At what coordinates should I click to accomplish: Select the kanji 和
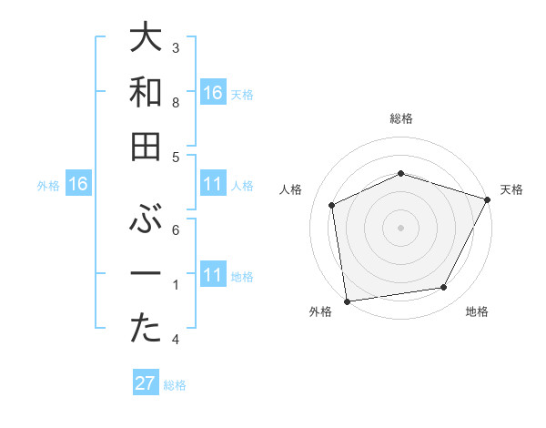point(147,92)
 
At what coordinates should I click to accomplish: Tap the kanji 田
point(147,147)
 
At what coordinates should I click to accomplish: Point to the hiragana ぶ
point(147,219)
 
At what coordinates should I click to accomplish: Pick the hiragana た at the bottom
point(147,330)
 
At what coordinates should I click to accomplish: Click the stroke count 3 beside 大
point(176,47)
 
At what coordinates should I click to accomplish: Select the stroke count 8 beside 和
point(176,102)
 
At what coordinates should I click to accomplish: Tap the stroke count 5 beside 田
point(176,157)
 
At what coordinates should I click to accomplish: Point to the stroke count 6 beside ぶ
point(176,229)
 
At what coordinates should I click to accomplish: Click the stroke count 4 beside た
point(176,340)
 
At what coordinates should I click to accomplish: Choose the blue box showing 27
point(146,383)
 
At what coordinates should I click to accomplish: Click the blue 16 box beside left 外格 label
point(77,185)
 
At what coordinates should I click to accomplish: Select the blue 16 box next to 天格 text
point(213,92)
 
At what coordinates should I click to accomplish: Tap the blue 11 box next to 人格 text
point(213,185)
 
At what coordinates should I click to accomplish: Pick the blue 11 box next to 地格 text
point(213,275)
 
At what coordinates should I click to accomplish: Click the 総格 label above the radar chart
point(401,118)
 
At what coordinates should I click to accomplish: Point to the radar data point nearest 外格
point(347,301)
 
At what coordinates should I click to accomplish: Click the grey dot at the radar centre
point(400,228)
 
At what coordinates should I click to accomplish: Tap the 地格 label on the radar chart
point(477,312)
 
